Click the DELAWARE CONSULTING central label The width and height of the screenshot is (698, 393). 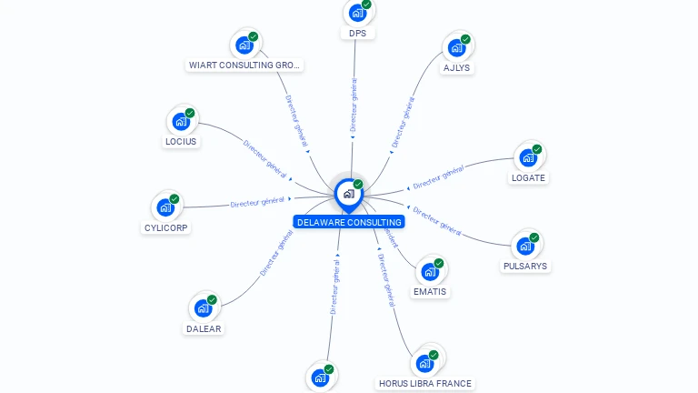coord(349,222)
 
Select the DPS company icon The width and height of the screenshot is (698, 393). coord(357,13)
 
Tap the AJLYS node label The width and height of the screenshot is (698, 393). coord(456,67)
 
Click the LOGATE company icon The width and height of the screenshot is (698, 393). coord(527,157)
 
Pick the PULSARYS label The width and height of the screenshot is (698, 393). coord(525,267)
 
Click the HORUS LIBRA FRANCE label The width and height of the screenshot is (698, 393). coord(425,383)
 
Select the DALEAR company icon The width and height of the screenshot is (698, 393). coord(203,308)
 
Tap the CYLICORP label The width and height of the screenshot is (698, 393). coord(167,227)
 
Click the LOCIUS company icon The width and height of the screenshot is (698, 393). coord(181,121)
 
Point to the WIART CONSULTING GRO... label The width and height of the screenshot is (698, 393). coord(244,65)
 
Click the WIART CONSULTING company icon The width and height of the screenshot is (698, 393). coord(244,44)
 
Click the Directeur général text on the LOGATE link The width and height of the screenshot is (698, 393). coord(439,177)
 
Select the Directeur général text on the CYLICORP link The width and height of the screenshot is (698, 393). coord(257,202)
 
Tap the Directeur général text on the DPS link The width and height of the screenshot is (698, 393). coord(354,105)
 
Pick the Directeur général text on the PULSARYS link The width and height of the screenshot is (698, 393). coord(437,220)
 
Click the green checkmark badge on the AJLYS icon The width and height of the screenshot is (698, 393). coord(465,39)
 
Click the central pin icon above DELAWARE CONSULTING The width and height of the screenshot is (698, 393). coord(348,193)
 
